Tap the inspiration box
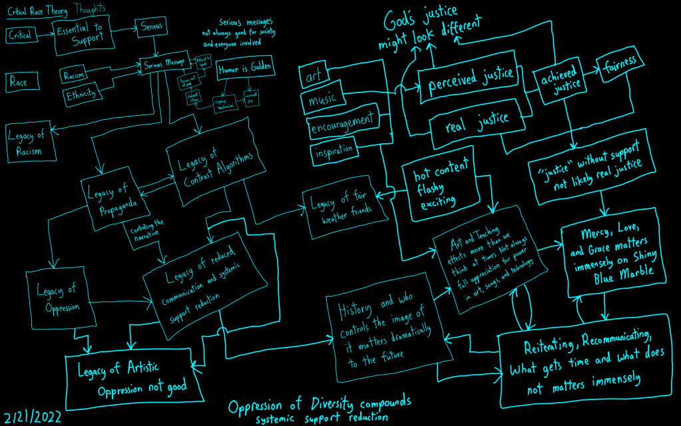334,151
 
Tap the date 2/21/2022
33,417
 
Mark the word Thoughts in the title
90,9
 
